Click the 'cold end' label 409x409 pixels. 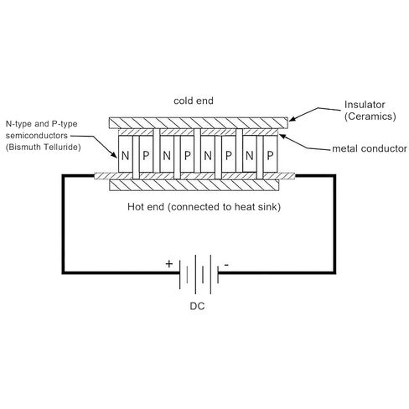194,101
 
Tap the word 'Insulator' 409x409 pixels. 365,105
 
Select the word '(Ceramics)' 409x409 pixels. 370,116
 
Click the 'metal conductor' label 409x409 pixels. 370,148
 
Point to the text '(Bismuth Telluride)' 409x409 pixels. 44,148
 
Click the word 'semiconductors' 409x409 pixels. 37,136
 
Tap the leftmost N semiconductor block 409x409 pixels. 125,154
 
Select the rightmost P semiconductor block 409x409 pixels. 270,154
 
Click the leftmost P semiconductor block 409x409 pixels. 146,154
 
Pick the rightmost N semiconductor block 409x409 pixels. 250,154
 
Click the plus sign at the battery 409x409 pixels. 169,264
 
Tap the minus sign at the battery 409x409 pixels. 226,265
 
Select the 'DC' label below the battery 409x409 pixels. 197,306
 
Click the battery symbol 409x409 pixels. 199,274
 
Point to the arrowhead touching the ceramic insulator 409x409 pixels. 293,119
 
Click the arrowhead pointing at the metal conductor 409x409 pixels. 282,137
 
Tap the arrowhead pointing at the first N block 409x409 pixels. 114,154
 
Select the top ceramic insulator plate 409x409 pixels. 199,123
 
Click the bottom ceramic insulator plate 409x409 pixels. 194,185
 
